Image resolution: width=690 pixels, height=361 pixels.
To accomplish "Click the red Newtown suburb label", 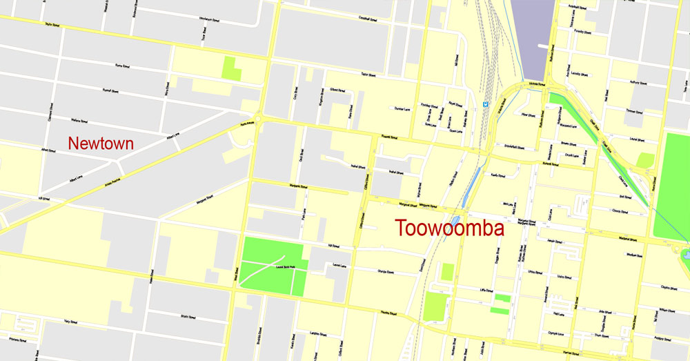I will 101,144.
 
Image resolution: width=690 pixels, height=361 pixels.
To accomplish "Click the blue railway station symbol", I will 486,105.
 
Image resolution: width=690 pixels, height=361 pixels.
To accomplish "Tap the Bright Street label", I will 189,316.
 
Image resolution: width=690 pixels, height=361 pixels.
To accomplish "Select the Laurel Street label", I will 339,265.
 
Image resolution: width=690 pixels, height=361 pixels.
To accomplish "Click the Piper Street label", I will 529,115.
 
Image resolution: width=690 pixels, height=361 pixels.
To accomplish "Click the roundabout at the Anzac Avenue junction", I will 260,119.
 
